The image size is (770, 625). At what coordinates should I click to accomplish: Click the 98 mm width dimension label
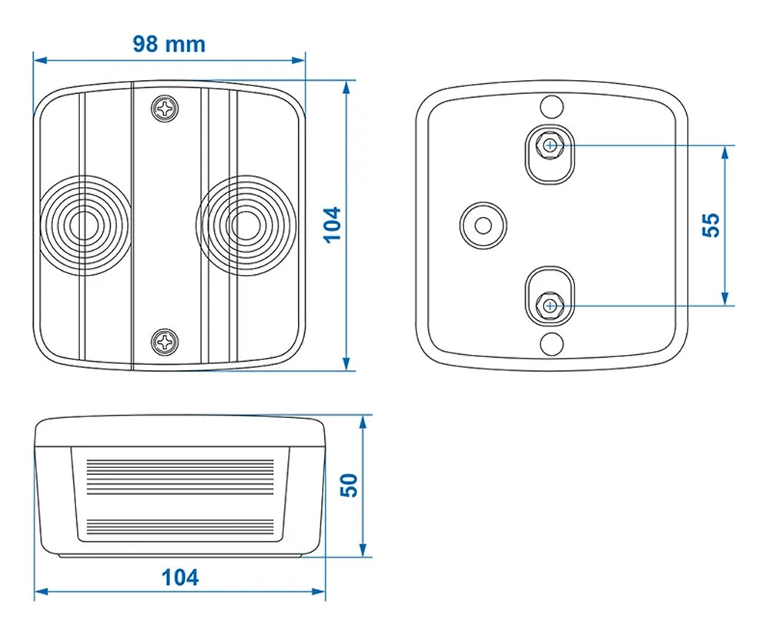169,44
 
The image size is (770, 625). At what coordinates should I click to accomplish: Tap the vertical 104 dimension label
332,224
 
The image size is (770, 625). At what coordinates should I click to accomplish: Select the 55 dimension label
711,224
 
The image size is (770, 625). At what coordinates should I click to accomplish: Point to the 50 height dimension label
350,485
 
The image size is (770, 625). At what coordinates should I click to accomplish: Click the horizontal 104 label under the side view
180,577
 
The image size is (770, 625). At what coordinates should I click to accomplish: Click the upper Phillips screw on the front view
166,109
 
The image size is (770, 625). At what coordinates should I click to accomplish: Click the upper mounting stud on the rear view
550,145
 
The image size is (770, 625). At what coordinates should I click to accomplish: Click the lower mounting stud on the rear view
550,305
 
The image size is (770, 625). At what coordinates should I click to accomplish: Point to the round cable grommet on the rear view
483,225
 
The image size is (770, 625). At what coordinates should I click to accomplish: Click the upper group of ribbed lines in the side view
180,477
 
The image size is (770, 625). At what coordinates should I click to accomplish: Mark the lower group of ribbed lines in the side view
180,526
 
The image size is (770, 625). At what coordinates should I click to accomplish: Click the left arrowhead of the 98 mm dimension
38,59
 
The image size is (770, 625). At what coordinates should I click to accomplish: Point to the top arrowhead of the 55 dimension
725,151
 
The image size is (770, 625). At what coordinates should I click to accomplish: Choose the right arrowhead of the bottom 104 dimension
320,592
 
